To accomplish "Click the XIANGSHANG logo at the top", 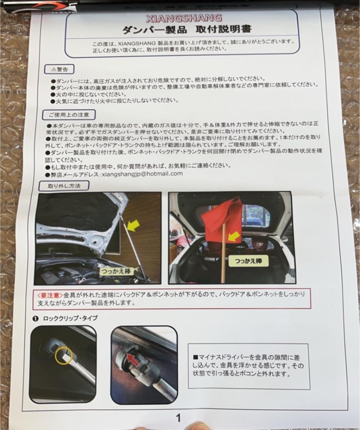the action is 184,18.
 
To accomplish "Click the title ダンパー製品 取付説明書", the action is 187,29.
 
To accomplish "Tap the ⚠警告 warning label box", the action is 59,69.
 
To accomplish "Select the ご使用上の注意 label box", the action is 69,115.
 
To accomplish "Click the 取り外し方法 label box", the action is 64,186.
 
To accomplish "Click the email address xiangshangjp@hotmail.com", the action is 142,174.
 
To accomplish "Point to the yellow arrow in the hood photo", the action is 133,226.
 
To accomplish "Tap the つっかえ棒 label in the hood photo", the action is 115,271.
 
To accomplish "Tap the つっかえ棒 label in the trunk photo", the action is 248,261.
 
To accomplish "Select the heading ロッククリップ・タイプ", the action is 70,318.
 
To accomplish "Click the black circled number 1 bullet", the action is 35,319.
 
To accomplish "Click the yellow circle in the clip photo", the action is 64,356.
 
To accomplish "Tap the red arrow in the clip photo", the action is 133,360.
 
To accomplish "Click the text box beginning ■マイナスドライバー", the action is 249,366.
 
